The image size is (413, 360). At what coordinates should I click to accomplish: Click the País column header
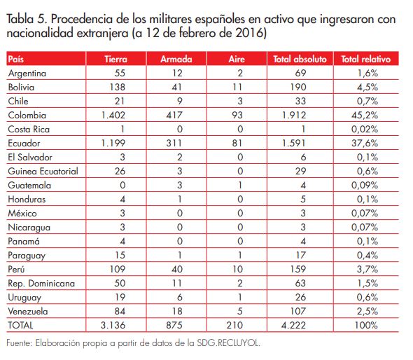[x=15, y=60]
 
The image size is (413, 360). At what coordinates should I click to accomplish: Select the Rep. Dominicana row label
[x=37, y=284]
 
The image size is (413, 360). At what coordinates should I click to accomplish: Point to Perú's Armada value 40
[x=178, y=270]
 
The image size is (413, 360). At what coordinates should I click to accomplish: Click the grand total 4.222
[x=300, y=326]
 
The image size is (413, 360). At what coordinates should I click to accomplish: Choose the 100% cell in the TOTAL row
[x=368, y=326]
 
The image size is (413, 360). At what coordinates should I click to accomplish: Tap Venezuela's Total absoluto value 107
[x=300, y=312]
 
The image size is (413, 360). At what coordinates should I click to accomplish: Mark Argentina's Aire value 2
[x=239, y=73]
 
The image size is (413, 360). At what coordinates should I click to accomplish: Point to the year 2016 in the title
[x=255, y=33]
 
